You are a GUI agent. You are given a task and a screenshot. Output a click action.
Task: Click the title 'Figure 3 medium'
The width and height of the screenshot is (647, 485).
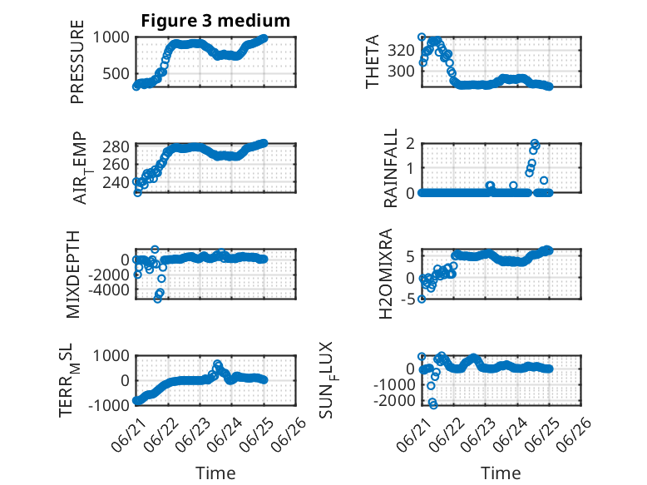pos(215,21)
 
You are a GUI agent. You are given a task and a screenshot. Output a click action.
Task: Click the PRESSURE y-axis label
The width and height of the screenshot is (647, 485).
pos(77,62)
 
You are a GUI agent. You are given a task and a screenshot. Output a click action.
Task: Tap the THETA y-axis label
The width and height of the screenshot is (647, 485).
pos(373,62)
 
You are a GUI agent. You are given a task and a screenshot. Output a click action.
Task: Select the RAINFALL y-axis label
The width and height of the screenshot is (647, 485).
pos(390,168)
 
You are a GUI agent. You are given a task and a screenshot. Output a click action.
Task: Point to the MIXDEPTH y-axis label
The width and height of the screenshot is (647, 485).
pos(73,275)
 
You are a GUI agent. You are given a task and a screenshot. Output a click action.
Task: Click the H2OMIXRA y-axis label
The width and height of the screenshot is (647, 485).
pos(386,274)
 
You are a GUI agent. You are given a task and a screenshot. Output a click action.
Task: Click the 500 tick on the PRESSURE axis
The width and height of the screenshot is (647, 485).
pos(116,74)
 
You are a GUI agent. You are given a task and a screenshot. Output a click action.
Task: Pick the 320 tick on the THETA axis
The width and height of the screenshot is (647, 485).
pos(401,51)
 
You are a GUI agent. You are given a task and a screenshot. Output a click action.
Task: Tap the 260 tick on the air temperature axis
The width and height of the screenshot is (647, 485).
pos(116,164)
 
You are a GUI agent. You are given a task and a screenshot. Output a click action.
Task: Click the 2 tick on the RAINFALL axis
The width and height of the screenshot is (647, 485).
pos(411,144)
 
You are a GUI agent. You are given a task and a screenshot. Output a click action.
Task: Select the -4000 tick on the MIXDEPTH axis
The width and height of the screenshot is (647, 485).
pos(109,290)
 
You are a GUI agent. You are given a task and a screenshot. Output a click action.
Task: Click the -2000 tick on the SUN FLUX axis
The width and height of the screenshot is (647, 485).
pos(394,400)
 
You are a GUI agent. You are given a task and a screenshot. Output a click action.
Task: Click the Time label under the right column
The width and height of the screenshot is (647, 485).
pos(501,473)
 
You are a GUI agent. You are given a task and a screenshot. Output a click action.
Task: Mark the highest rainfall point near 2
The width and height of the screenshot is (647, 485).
pos(535,144)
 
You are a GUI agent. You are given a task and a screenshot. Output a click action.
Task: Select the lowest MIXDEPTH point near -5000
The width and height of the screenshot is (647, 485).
pos(157,299)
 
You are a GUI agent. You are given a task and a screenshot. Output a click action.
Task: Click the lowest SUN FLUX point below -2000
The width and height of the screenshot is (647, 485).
pos(433,405)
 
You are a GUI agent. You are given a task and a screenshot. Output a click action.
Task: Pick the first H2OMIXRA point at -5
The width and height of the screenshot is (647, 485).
pos(422,299)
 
